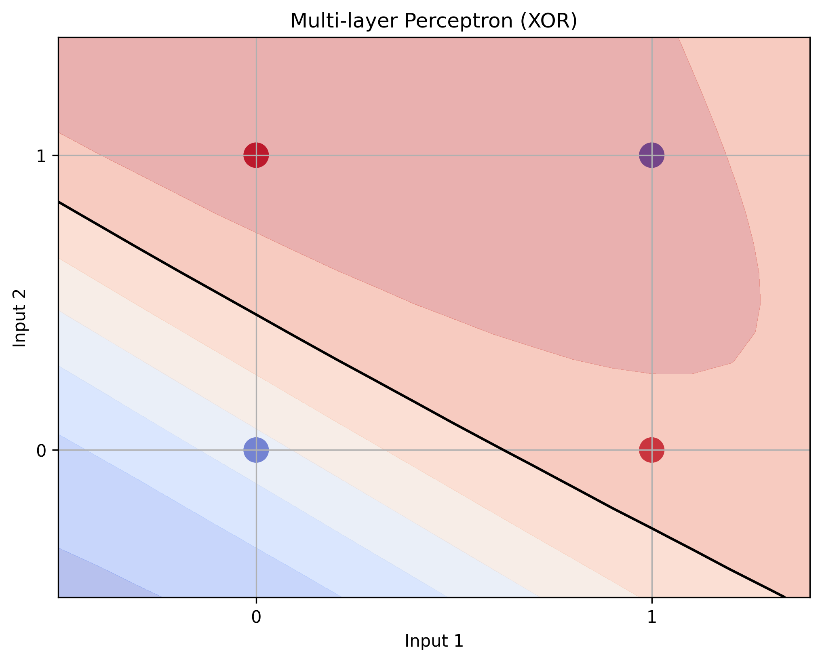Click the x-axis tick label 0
[x=255, y=617]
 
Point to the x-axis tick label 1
[x=651, y=617]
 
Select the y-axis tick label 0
[x=41, y=450]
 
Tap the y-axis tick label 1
[x=41, y=156]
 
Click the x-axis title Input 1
[x=434, y=641]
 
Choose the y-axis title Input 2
[x=19, y=318]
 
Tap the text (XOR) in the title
[x=548, y=21]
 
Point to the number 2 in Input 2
[x=19, y=295]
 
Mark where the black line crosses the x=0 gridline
[x=256, y=314]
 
